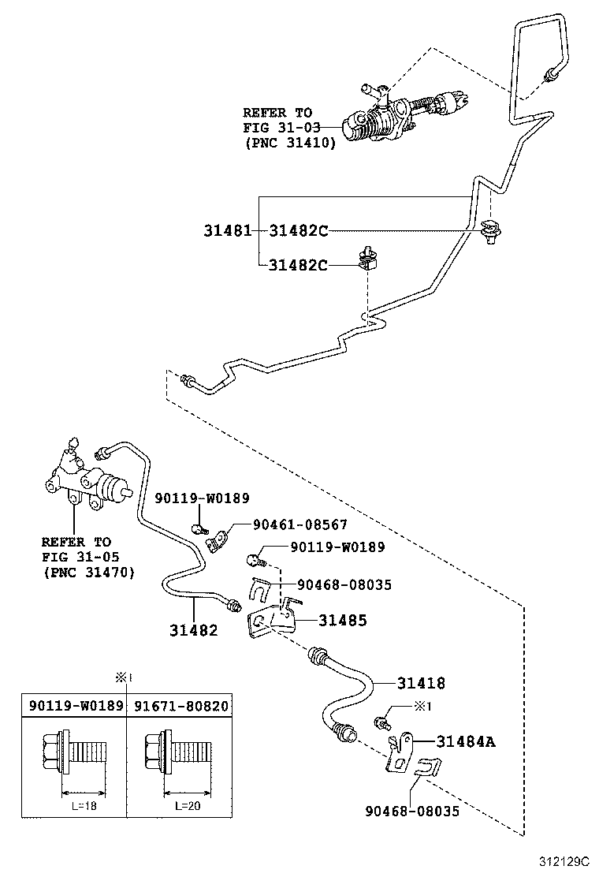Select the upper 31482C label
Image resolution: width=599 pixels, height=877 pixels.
point(298,231)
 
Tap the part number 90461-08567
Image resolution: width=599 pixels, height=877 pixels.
point(299,524)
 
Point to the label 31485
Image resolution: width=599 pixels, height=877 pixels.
point(343,621)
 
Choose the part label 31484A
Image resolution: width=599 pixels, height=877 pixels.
point(467,741)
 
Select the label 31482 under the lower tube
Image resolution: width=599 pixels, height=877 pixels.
point(193,629)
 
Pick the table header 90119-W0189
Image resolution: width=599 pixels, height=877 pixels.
point(76,706)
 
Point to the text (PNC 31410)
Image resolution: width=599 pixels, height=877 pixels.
point(290,143)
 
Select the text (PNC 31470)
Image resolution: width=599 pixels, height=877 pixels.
point(88,572)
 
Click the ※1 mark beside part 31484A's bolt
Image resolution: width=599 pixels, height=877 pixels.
point(423,706)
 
